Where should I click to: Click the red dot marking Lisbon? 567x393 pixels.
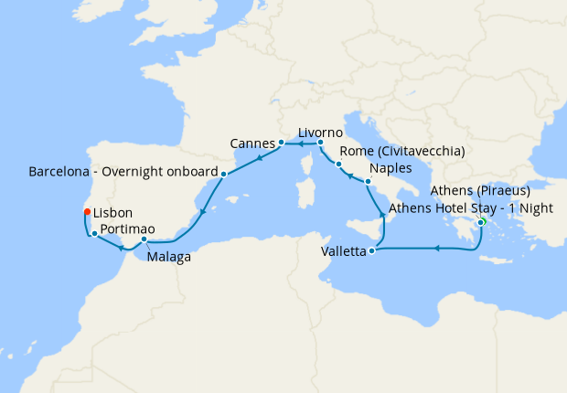click(x=87, y=212)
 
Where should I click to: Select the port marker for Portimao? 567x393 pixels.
click(x=95, y=235)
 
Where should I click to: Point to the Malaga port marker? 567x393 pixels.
click(x=144, y=240)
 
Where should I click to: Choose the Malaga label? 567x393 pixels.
click(x=168, y=258)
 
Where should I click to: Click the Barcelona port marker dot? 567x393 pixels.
click(x=224, y=174)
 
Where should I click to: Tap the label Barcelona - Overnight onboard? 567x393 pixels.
click(x=123, y=171)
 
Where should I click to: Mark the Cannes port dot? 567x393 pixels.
click(x=281, y=143)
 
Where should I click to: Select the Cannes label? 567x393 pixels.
click(x=253, y=143)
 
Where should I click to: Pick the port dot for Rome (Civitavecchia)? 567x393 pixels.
click(x=338, y=165)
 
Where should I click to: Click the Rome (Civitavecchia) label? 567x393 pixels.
click(x=402, y=151)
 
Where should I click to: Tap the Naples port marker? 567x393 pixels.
click(x=368, y=183)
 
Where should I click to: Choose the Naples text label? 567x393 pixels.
click(x=390, y=169)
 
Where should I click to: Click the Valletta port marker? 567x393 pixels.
click(x=371, y=251)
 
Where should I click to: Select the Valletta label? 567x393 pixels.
click(x=344, y=251)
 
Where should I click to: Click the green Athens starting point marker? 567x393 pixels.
click(x=481, y=220)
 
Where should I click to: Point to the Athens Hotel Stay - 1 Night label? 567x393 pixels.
click(x=471, y=208)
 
